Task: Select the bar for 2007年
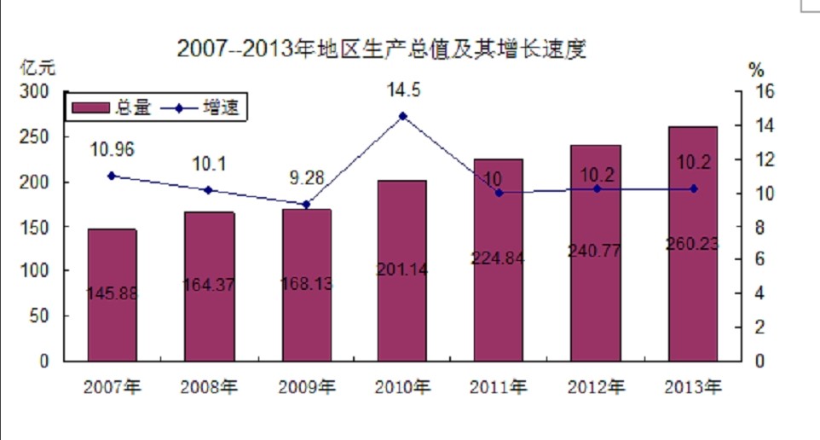point(112,294)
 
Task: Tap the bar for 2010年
point(402,270)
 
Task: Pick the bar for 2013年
point(693,243)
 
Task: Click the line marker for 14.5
point(403,116)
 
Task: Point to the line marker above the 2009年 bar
point(306,205)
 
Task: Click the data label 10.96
point(113,150)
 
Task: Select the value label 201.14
point(402,270)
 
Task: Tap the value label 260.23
point(692,244)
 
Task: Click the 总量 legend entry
point(111,108)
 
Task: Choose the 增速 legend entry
point(205,108)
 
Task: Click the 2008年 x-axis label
point(209,387)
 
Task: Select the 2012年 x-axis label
point(596,387)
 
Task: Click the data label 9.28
point(306,179)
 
